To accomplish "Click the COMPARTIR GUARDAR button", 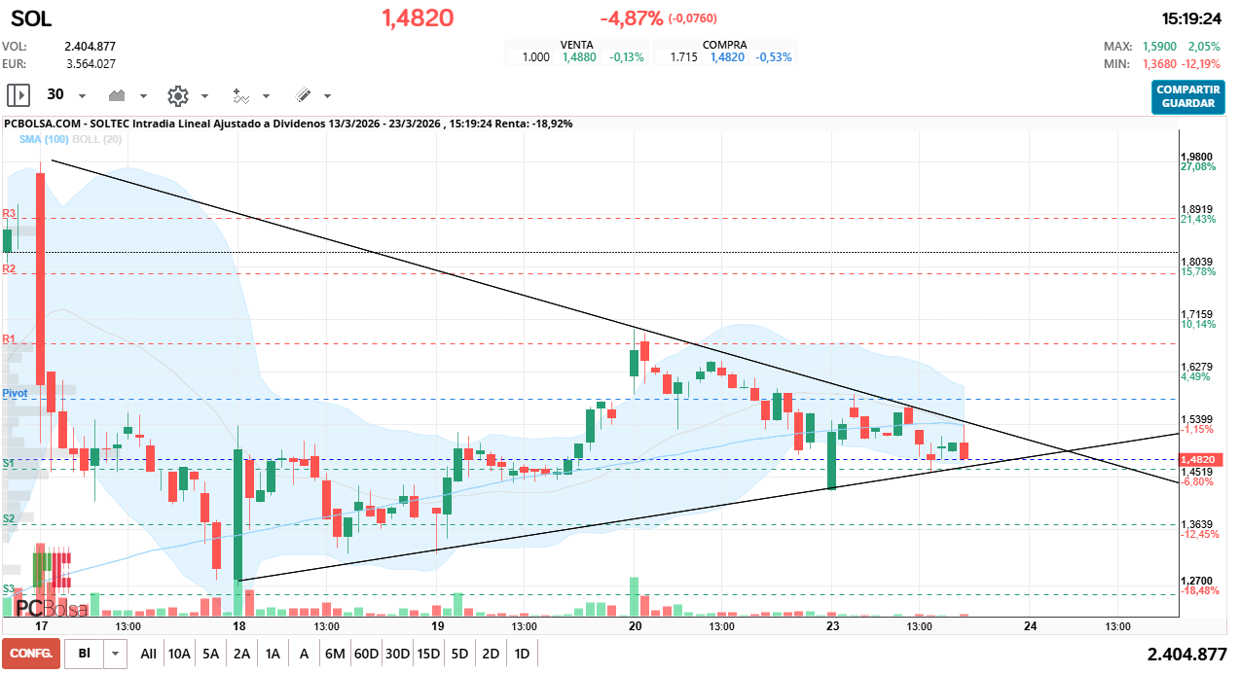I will [1188, 96].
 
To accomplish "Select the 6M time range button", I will [335, 654].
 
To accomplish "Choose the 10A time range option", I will [179, 654].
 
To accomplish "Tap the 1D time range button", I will [522, 654].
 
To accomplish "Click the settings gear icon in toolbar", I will [177, 95].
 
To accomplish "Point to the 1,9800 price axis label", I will [1196, 157].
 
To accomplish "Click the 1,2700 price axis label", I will [1196, 580].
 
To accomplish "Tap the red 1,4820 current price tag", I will [1197, 459].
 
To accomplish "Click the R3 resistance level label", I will [9, 213].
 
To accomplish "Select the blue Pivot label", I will [15, 392].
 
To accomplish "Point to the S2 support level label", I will [9, 519].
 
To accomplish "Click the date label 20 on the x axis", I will [635, 626].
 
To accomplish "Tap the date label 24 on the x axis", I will [1030, 626].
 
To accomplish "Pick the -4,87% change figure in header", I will [632, 18].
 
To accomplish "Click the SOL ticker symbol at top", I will [31, 18].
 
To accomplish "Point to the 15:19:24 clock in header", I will [1191, 18].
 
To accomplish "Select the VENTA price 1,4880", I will [581, 57].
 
